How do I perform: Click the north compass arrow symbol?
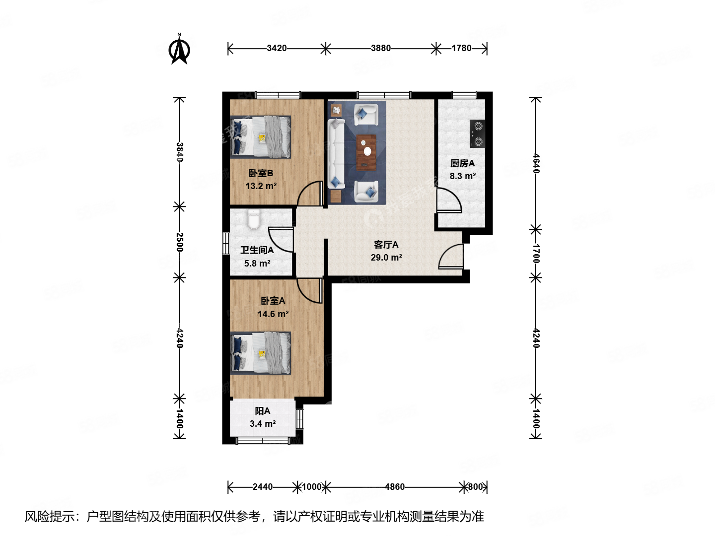click(x=179, y=50)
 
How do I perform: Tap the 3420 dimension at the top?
click(x=277, y=48)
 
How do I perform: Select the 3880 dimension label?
click(x=381, y=48)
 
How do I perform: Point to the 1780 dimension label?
click(x=461, y=48)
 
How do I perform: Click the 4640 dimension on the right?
click(x=536, y=163)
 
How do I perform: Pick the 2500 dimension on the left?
click(x=180, y=242)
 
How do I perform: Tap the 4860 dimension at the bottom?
click(x=395, y=487)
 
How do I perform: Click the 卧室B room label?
click(x=261, y=173)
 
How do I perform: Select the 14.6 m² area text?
click(x=273, y=314)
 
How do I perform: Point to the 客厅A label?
click(x=386, y=245)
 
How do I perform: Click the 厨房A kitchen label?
click(x=462, y=163)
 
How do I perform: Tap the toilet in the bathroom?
click(x=254, y=219)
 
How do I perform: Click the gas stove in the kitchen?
click(x=477, y=134)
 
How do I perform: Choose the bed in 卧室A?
click(x=261, y=353)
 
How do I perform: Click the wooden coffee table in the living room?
click(x=366, y=152)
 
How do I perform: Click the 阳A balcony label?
click(x=262, y=411)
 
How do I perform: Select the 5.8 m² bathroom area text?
click(x=257, y=264)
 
